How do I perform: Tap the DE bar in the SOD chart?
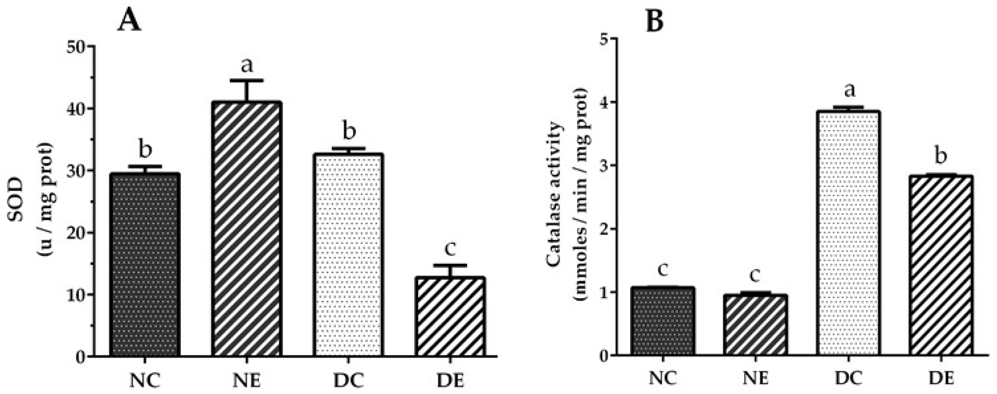coord(451,317)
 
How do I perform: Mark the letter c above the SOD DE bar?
coord(450,249)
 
